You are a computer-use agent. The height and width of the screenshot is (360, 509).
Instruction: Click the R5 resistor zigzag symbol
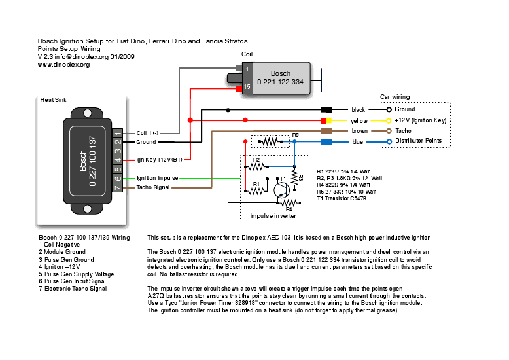pos(270,141)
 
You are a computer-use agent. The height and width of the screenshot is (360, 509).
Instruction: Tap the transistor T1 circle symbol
pos(282,190)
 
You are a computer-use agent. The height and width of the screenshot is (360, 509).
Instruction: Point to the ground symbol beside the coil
pos(325,80)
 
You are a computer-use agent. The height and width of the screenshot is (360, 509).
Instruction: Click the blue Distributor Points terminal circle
pos(389,141)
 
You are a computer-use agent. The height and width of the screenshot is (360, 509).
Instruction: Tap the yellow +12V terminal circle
pos(389,121)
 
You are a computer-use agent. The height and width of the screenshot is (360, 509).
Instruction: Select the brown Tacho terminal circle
pos(389,131)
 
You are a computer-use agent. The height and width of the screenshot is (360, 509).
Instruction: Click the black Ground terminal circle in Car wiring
pos(389,109)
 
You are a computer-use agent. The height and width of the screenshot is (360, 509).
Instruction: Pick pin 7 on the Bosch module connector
pos(118,187)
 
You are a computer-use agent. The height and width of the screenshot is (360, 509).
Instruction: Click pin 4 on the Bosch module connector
pos(118,160)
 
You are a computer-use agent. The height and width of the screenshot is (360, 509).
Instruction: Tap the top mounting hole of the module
pos(87,113)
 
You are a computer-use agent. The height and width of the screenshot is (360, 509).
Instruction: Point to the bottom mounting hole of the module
pos(87,209)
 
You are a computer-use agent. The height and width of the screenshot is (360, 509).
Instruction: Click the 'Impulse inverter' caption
pos(273,216)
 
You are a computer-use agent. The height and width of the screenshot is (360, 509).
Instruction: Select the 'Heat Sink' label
pos(53,100)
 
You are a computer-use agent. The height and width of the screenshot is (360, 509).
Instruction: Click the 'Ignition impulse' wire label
pos(158,178)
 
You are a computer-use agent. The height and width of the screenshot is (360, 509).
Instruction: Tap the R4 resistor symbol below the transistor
pos(289,203)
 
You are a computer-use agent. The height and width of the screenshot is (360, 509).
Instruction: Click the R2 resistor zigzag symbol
pos(256,167)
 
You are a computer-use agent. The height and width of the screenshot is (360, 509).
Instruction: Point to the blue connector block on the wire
pos(326,141)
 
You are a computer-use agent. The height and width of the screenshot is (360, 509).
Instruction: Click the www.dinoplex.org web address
pos(63,65)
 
